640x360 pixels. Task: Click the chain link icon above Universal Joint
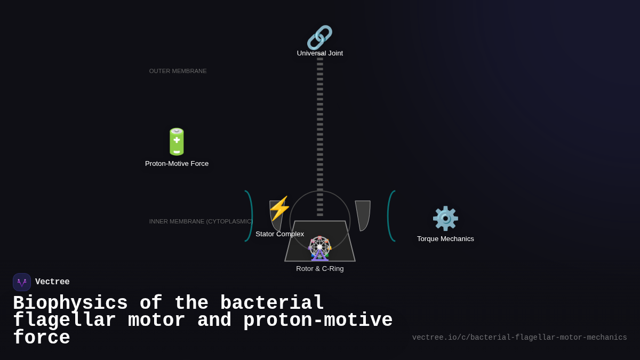click(x=319, y=37)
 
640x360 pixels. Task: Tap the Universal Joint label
click(x=320, y=53)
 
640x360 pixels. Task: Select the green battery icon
click(x=177, y=142)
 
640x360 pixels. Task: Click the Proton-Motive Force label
click(x=177, y=164)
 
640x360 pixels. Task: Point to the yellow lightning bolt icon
click(x=279, y=209)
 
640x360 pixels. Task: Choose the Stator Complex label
click(x=279, y=234)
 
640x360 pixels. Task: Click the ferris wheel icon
click(x=320, y=248)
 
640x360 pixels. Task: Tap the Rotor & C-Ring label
click(x=320, y=269)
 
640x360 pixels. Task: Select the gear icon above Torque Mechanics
click(x=445, y=218)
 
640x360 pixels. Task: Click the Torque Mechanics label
click(x=445, y=239)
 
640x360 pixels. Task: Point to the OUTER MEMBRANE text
click(x=178, y=71)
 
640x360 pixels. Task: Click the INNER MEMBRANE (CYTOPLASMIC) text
click(x=201, y=221)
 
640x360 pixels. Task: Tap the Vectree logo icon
click(x=22, y=282)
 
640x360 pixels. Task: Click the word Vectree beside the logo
click(x=52, y=282)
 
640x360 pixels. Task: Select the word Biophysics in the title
click(x=70, y=303)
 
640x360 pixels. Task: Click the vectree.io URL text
click(x=519, y=338)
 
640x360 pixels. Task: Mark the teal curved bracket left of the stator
click(x=249, y=216)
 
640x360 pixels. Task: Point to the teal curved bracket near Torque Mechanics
click(x=390, y=216)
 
